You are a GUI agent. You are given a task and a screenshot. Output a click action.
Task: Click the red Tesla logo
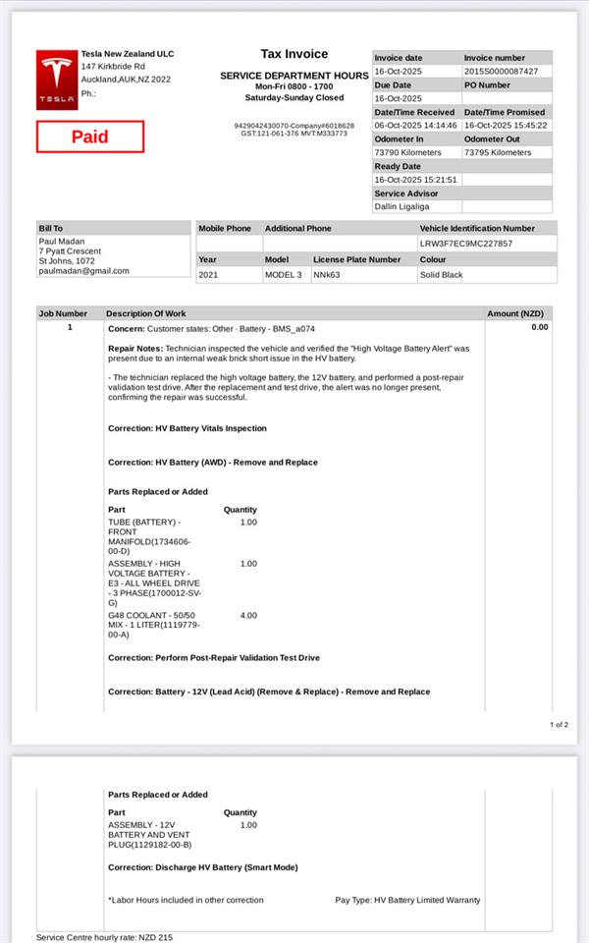[56, 81]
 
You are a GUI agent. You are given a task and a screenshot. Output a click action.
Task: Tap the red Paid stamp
[90, 137]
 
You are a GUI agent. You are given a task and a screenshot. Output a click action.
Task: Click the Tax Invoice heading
[294, 54]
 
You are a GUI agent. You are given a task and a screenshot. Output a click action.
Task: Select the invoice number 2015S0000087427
[501, 72]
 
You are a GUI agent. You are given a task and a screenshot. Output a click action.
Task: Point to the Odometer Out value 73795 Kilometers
[498, 153]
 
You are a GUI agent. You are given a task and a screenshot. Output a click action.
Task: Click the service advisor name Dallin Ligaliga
[406, 207]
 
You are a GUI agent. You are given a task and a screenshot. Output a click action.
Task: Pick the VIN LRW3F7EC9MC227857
[465, 244]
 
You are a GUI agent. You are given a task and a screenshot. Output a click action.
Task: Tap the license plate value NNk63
[327, 275]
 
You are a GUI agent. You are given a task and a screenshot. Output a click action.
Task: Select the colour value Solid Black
[441, 275]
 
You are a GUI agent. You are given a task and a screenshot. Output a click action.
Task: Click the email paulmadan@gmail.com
[83, 271]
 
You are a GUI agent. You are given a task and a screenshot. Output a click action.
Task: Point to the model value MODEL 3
[284, 275]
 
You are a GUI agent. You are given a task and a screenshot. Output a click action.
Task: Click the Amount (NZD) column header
[515, 313]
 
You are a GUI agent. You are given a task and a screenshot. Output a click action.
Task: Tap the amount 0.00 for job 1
[540, 327]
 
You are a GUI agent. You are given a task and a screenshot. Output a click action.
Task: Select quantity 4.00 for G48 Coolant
[248, 615]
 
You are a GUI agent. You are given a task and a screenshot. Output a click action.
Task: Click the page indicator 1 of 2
[559, 725]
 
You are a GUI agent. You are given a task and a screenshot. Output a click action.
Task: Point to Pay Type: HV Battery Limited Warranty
[407, 900]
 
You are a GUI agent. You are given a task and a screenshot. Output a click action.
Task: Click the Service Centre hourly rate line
[104, 937]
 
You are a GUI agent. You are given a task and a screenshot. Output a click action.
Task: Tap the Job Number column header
[63, 313]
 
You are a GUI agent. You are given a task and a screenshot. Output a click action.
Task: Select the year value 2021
[208, 275]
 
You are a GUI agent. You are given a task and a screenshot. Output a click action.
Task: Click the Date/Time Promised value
[506, 126]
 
